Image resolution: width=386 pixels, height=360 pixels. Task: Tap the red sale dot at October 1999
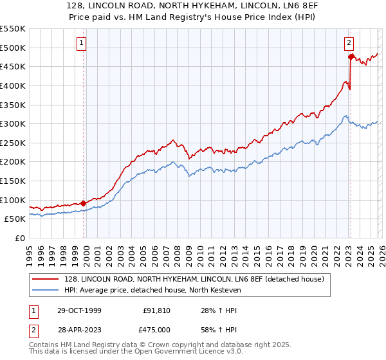(84, 203)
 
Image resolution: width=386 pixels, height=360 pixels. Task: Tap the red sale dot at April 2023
(351, 57)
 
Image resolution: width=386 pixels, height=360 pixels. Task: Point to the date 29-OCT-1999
(78, 310)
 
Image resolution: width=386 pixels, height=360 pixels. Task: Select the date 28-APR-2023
(78, 330)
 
